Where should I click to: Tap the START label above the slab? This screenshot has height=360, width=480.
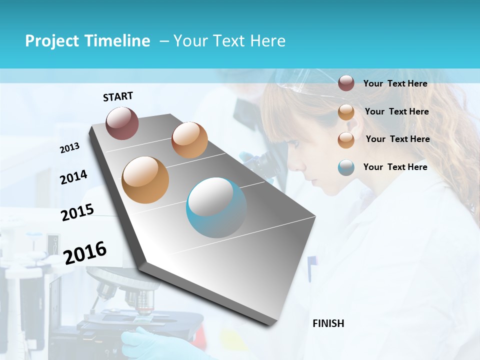118,96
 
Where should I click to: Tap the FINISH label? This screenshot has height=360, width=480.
328,323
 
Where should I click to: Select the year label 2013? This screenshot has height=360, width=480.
69,148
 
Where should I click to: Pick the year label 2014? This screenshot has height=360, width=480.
73,177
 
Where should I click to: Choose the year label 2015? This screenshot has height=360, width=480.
77,212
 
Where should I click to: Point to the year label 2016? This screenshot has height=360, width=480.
85,253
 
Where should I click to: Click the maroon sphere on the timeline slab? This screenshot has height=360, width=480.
122,123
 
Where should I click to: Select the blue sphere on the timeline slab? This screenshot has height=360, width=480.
216,207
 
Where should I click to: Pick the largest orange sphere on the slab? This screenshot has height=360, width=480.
145,180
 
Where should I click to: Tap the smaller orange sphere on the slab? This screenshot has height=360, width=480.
189,140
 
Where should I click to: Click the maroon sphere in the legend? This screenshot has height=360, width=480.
346,83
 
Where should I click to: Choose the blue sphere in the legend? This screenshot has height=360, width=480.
346,167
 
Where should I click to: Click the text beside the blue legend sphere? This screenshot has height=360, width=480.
395,167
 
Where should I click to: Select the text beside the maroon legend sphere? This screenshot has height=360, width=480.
395,83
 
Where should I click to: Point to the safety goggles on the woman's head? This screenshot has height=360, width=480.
300,82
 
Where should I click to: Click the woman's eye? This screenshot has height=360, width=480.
295,145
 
